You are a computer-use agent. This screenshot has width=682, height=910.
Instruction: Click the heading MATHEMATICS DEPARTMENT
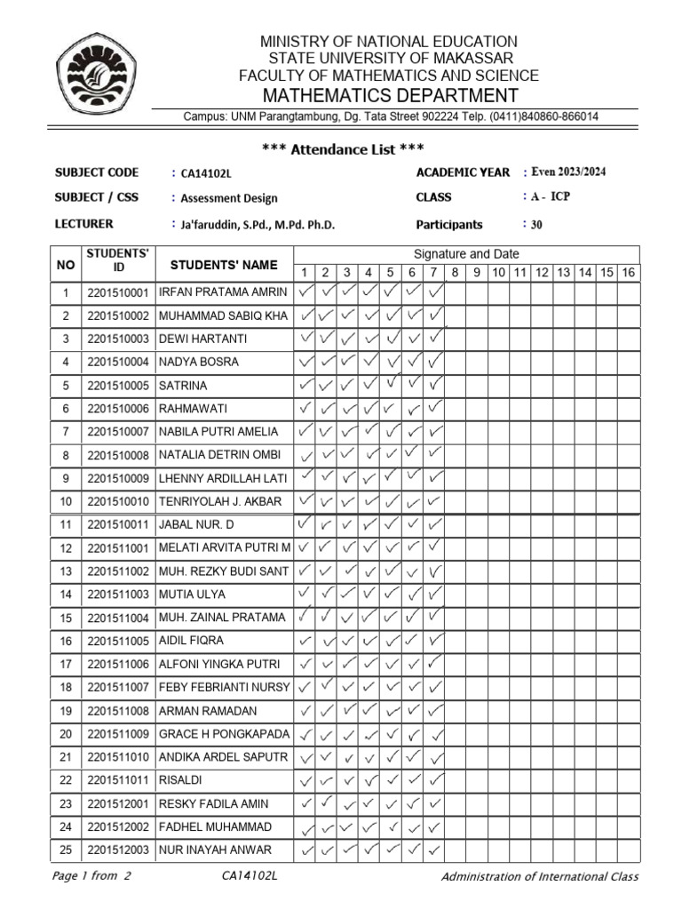388,96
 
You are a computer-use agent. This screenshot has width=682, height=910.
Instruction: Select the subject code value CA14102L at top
205,174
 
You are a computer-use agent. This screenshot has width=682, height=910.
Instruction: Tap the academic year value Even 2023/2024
568,172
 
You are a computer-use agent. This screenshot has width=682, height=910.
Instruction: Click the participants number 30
536,226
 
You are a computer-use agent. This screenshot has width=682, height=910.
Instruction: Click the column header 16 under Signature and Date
628,273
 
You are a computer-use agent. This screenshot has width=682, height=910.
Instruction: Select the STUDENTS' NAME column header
224,265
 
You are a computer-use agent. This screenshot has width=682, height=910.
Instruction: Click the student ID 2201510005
119,386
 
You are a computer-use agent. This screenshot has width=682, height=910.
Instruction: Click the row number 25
65,850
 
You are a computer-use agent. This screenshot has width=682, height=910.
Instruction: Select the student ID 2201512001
119,803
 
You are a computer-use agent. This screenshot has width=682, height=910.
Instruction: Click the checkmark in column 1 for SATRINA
305,385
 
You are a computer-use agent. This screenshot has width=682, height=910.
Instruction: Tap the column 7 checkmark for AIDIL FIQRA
435,640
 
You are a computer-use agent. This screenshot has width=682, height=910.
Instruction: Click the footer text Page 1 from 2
92,877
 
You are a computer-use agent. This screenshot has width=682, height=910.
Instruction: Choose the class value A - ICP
551,197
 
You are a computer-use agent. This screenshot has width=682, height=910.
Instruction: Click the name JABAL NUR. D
196,525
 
